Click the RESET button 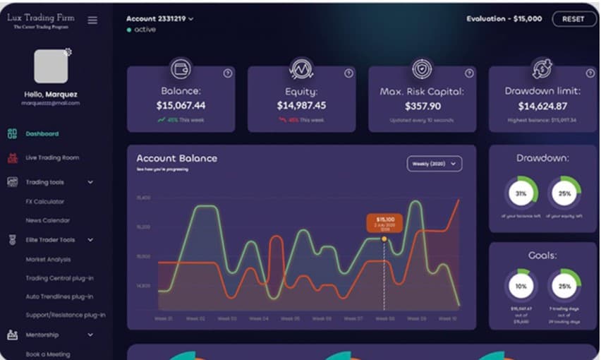573,19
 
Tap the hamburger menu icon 92,20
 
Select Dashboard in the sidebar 42,133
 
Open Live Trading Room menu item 51,157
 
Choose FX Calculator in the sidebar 44,201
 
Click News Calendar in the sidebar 47,220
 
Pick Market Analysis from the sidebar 48,259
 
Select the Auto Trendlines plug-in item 59,296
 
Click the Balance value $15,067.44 181,106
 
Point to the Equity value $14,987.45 301,106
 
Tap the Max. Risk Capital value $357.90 423,106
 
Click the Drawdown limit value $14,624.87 542,106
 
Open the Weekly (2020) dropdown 434,164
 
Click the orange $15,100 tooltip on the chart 384,223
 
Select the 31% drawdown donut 521,193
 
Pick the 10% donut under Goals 521,286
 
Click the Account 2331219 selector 159,19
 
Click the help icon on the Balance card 228,73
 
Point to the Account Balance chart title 176,159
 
